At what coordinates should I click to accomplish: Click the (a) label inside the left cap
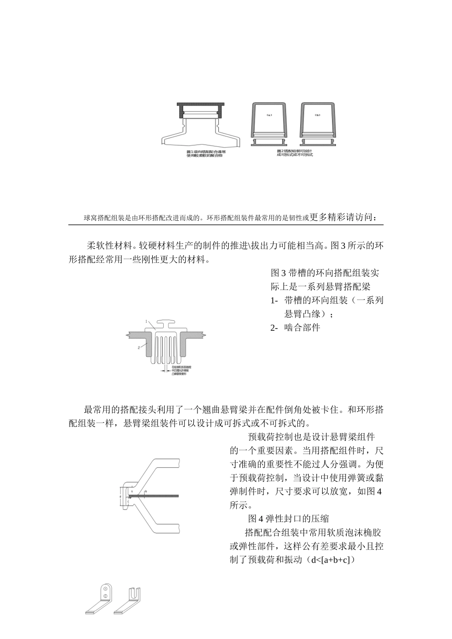point(269,115)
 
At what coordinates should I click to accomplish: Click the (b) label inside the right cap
point(318,115)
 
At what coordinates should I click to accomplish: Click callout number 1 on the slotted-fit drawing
point(147,321)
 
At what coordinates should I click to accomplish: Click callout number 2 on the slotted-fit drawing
point(139,348)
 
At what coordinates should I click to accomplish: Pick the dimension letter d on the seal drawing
point(122,495)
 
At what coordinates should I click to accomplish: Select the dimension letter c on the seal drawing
point(128,501)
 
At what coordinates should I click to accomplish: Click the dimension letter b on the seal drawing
point(146,490)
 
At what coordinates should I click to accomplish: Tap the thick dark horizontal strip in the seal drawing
point(155,496)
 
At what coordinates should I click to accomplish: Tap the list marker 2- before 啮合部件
point(274,328)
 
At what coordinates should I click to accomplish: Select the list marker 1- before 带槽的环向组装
point(274,300)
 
